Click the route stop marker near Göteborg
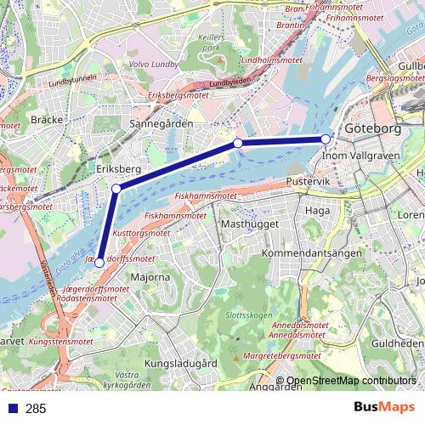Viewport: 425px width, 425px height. [326, 139]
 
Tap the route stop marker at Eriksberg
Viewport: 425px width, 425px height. [116, 188]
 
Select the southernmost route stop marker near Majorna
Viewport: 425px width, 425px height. [99, 263]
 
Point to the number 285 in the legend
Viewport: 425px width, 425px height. [36, 409]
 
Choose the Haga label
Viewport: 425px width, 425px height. [317, 210]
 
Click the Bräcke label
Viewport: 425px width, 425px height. [47, 121]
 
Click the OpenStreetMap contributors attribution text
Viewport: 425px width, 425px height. [351, 381]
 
